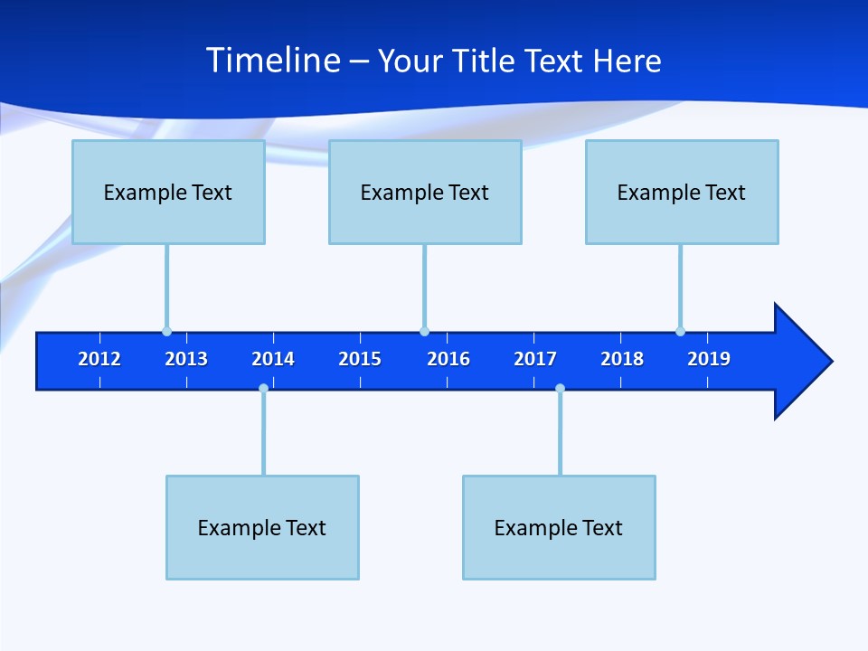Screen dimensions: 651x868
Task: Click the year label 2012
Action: [99, 359]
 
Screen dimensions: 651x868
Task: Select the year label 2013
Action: [186, 359]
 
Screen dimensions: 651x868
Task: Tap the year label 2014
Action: [273, 359]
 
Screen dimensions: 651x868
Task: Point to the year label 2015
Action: [360, 359]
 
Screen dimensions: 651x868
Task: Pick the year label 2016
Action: [448, 359]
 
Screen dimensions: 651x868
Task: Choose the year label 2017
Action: [535, 359]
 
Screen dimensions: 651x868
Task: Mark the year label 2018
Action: [622, 359]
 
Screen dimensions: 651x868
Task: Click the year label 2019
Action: [709, 359]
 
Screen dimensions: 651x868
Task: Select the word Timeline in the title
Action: [273, 61]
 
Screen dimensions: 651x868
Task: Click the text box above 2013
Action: [168, 192]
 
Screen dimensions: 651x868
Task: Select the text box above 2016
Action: [425, 192]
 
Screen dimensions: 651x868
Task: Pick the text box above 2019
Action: [682, 192]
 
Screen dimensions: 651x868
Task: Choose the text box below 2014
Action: [262, 527]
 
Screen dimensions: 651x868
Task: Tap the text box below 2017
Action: [559, 527]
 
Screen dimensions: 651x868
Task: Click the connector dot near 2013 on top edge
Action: [166, 331]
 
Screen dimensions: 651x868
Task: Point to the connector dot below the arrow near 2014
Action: [263, 389]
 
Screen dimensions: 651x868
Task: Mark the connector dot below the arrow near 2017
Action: [560, 389]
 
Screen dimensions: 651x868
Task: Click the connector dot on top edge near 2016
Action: [424, 331]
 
